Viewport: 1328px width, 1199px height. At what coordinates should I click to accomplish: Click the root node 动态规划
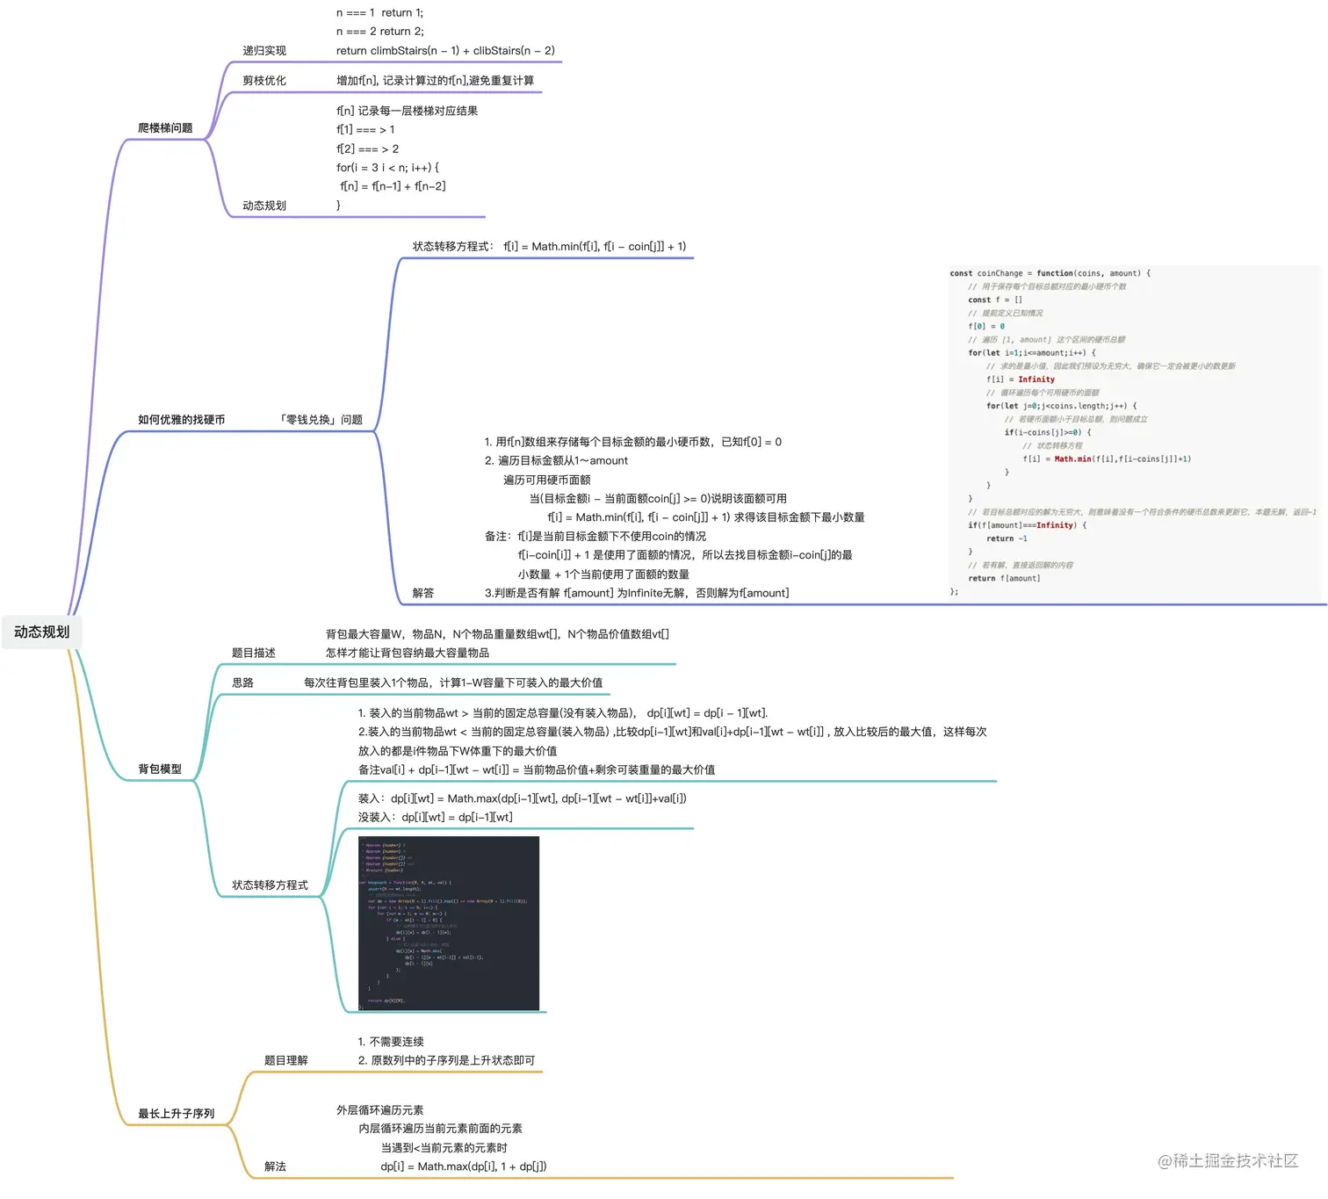(x=41, y=632)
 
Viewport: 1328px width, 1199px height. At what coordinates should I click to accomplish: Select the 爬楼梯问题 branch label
(x=165, y=128)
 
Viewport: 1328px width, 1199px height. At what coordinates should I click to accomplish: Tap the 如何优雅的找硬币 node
(x=181, y=420)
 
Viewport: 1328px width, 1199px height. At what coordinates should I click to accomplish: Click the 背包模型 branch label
(x=160, y=769)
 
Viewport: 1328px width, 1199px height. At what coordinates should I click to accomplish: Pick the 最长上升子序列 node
(x=176, y=1114)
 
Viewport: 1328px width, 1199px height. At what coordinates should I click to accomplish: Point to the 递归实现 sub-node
(x=264, y=51)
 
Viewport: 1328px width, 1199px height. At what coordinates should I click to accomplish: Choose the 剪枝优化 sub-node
(x=264, y=81)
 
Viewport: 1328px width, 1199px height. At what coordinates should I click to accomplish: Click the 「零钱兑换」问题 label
(x=321, y=420)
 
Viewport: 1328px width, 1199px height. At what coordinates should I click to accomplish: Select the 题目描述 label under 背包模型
(x=254, y=654)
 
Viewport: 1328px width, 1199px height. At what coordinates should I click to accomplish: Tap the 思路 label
(x=242, y=683)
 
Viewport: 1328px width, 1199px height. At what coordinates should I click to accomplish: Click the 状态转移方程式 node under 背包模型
(x=270, y=885)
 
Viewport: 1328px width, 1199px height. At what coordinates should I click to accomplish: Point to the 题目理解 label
(x=286, y=1061)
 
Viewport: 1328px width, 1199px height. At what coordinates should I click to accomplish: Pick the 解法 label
(x=275, y=1166)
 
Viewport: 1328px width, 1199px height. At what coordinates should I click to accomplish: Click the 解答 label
(x=423, y=594)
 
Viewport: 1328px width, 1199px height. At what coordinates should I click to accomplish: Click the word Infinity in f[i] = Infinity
(x=1036, y=379)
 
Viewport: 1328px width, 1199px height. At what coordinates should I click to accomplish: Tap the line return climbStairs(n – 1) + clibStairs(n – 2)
(x=445, y=51)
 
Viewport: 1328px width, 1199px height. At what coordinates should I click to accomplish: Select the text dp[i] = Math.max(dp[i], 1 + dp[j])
(x=464, y=1166)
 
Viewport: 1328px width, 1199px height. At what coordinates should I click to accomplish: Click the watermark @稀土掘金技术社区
(x=1228, y=1161)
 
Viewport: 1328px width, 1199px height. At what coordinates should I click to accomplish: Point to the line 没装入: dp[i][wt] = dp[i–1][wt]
(x=436, y=818)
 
